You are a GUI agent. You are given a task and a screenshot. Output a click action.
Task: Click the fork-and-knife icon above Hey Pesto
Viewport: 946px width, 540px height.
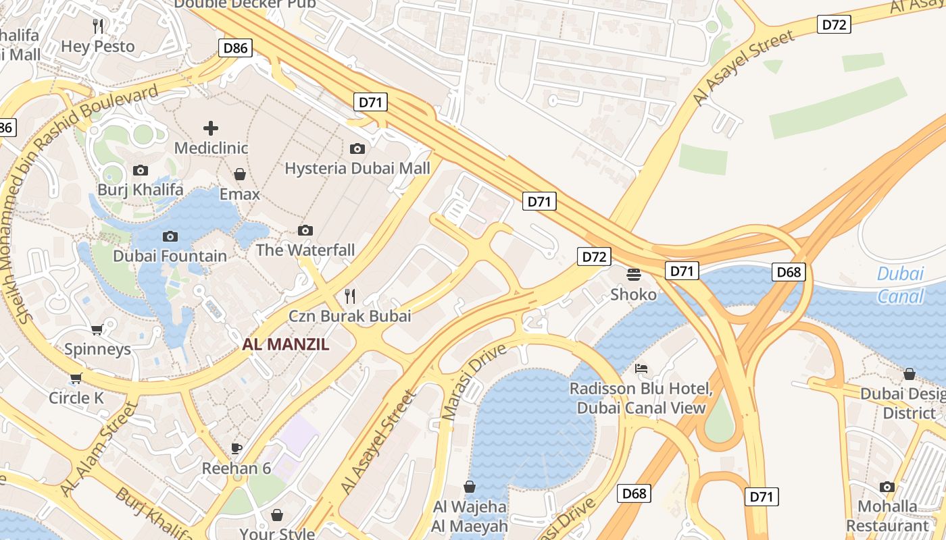click(99, 26)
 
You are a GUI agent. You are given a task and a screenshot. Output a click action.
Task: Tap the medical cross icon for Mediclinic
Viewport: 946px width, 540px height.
click(211, 128)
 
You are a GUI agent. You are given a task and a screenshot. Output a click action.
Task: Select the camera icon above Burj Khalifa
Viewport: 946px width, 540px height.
click(141, 170)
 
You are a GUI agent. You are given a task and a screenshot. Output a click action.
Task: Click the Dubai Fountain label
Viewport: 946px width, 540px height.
click(170, 256)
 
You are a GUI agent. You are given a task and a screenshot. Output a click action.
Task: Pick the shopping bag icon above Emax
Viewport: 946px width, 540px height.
click(240, 174)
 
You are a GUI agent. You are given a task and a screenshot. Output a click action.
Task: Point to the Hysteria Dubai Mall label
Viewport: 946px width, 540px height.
click(357, 168)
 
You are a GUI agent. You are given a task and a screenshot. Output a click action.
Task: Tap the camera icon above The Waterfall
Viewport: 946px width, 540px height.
click(305, 230)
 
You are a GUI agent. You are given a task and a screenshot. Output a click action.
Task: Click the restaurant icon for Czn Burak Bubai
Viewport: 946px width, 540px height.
click(350, 296)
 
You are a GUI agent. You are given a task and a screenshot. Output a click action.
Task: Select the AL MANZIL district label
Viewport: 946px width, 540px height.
click(286, 344)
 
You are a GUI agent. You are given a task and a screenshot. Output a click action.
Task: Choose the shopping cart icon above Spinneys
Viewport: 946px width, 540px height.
click(97, 329)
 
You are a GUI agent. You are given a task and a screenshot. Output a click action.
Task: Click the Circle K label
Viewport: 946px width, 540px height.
click(76, 398)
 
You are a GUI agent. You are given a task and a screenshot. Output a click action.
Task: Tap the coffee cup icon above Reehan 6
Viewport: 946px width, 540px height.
click(236, 448)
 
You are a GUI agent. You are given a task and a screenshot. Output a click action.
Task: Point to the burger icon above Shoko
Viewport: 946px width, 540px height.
click(634, 274)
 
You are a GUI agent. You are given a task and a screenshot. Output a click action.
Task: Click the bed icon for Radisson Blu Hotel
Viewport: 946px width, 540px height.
click(641, 369)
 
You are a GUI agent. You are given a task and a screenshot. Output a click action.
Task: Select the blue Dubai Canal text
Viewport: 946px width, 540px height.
click(900, 285)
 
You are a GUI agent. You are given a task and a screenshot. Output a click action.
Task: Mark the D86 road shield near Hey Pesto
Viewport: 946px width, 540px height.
click(236, 48)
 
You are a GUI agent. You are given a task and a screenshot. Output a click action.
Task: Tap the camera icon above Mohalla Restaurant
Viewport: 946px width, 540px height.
click(887, 487)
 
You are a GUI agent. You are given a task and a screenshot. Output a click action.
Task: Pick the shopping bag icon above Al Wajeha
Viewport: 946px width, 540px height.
click(470, 487)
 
